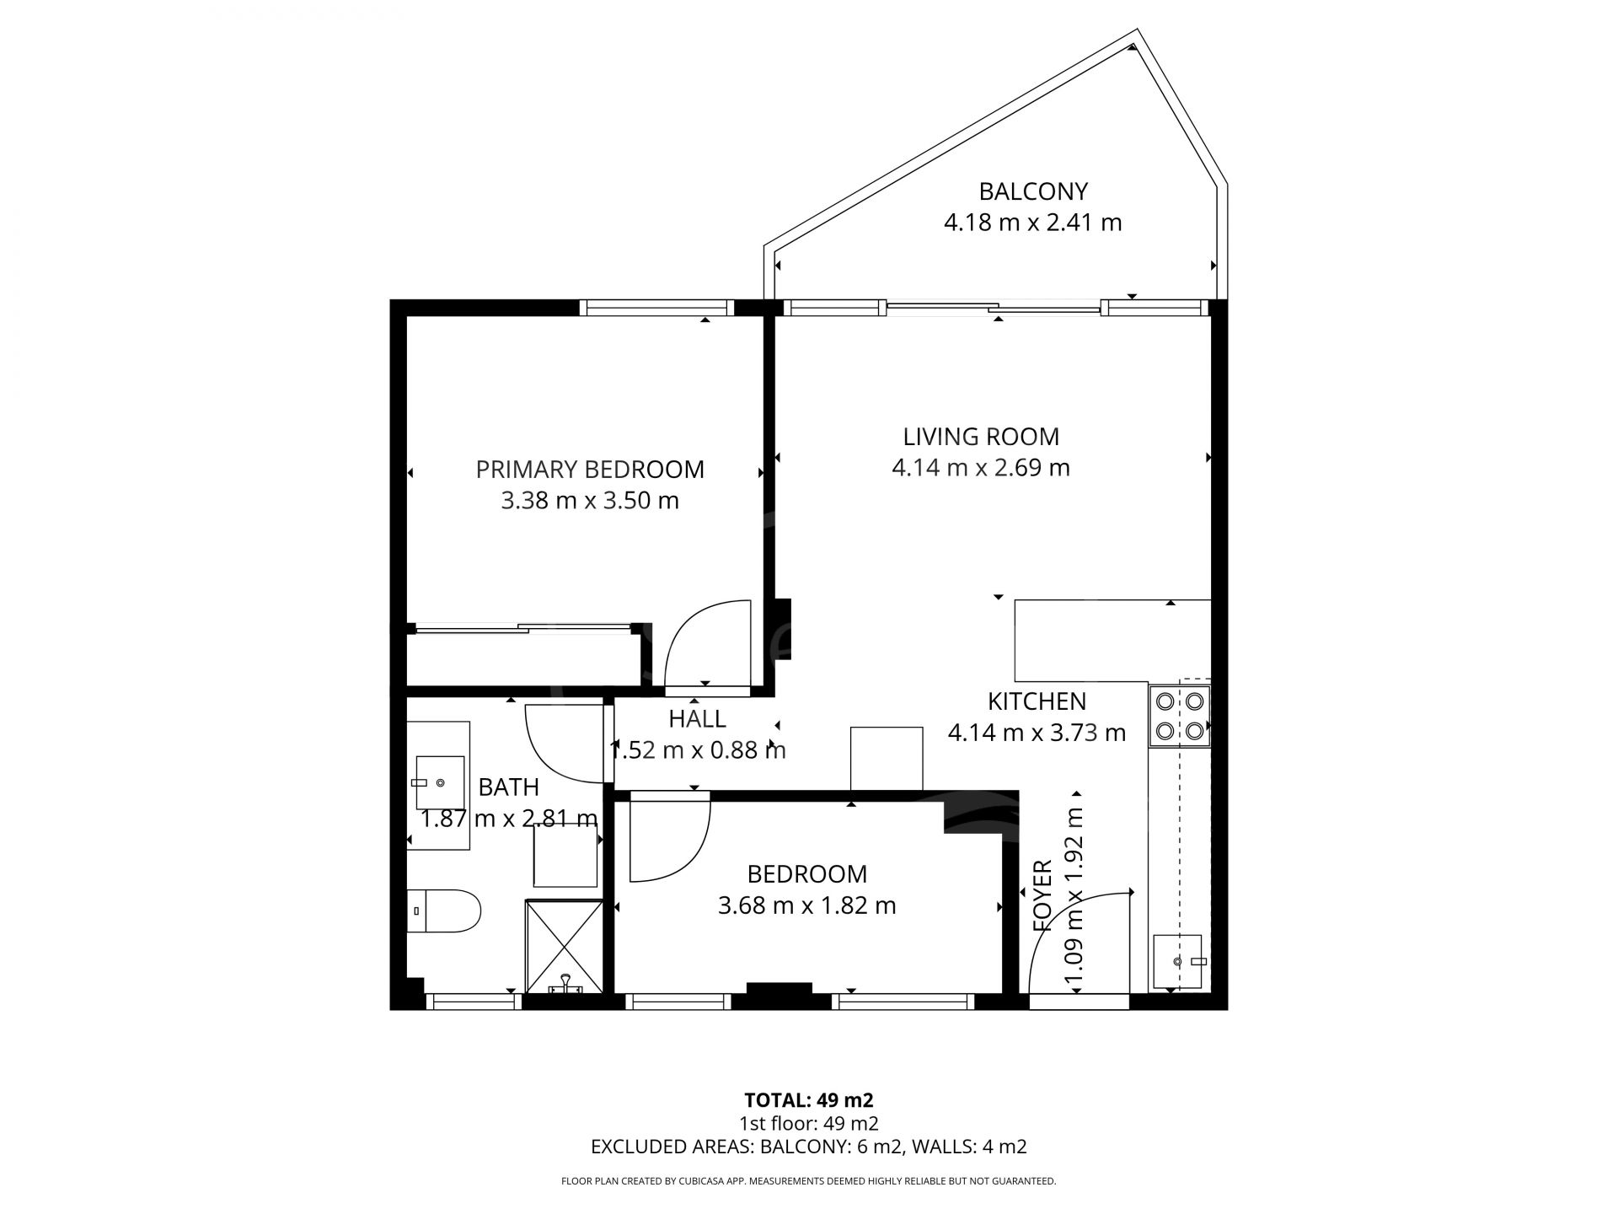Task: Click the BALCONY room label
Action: point(1033,191)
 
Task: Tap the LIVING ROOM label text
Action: point(981,437)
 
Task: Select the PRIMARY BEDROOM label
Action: point(590,470)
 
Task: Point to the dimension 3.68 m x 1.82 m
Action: point(806,905)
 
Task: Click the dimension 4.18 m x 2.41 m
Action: point(1033,223)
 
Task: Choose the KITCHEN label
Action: point(1037,701)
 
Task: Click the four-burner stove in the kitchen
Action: point(1180,716)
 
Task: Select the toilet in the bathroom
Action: point(443,910)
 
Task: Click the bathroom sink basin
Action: point(441,782)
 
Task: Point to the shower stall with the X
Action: point(565,947)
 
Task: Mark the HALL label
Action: point(697,719)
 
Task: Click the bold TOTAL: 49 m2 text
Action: point(809,1100)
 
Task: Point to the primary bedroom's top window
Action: point(656,308)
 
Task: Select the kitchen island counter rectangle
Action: point(1112,641)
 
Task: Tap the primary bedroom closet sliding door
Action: point(523,627)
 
